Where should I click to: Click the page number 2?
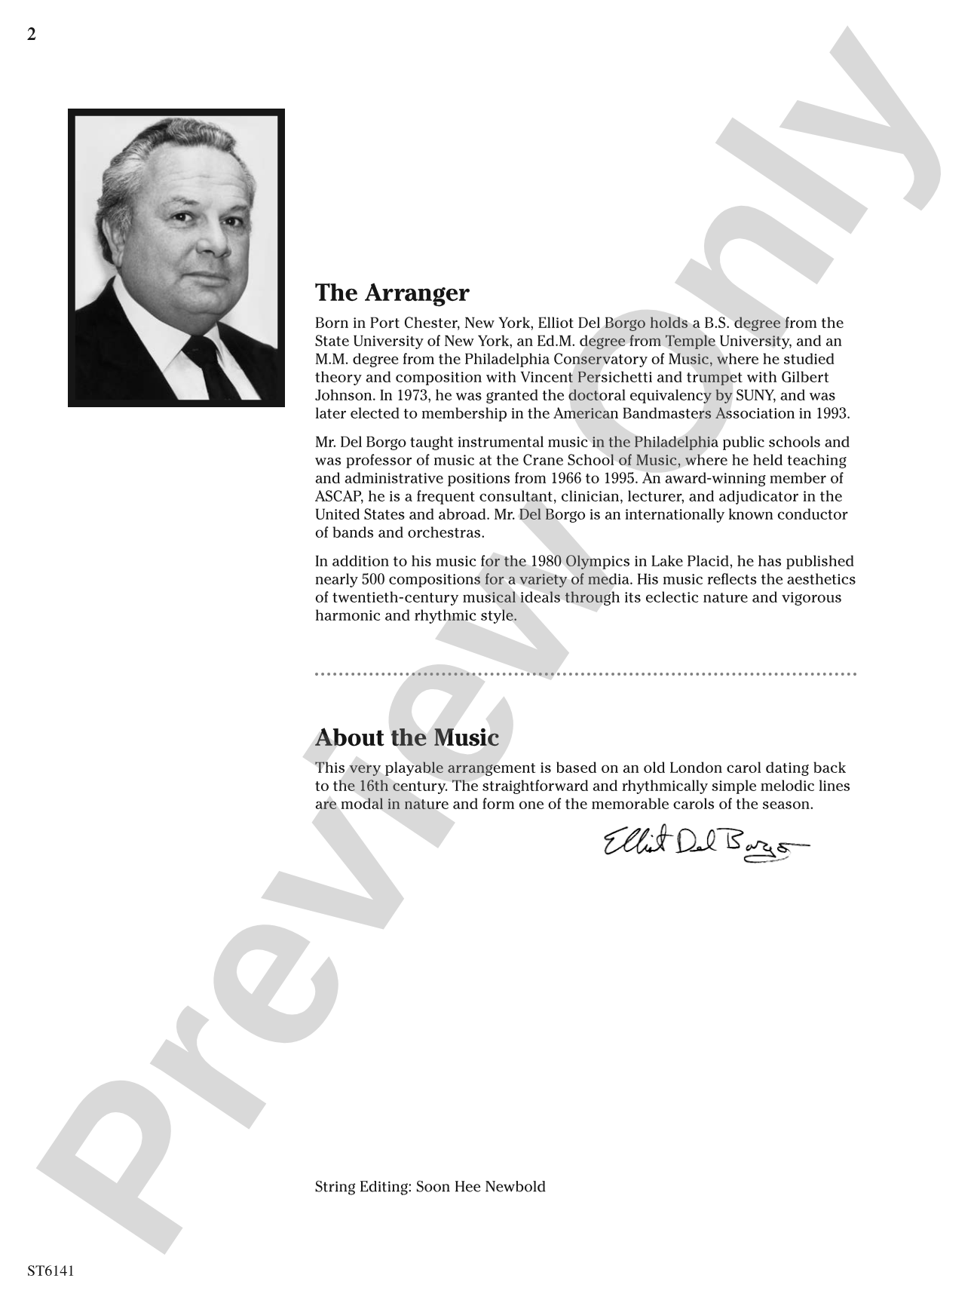32,35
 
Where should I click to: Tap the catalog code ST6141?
51,1271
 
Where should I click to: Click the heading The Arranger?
391,293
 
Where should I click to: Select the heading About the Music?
406,737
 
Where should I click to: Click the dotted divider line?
585,673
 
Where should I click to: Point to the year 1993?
832,413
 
